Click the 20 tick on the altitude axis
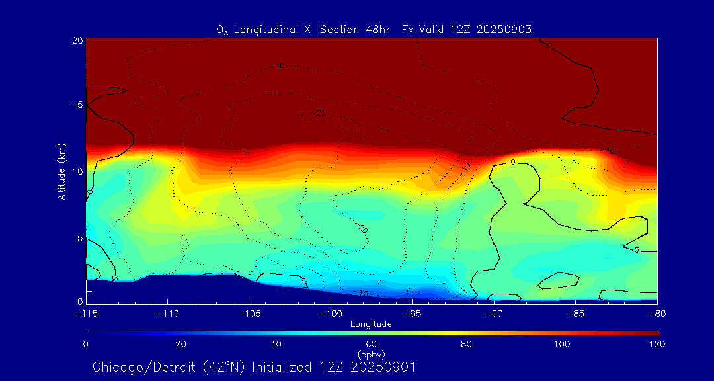click(77, 40)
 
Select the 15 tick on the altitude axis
click(77, 105)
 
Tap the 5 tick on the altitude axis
click(79, 237)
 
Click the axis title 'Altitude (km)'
click(62, 171)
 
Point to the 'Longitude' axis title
click(371, 324)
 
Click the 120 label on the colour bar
click(657, 344)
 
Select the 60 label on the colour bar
click(371, 344)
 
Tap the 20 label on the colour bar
click(180, 344)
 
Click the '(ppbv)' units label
click(371, 354)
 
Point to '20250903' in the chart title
click(506, 29)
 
